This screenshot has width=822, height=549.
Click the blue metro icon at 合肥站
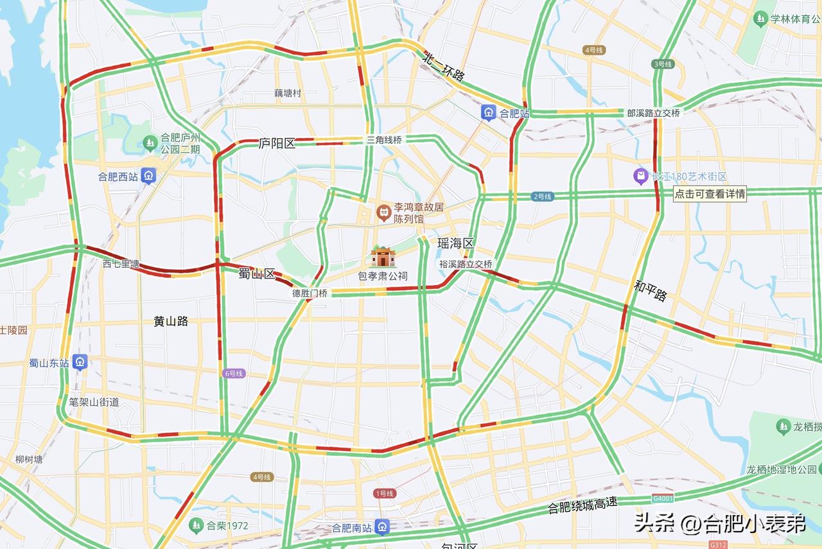point(489,113)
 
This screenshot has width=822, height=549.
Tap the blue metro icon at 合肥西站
point(149,176)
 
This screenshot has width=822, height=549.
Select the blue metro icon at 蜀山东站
point(80,363)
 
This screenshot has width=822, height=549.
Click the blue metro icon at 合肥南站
point(383,528)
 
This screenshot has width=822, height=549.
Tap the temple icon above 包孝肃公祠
point(383,257)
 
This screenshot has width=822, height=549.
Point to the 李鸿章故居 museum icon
point(384,211)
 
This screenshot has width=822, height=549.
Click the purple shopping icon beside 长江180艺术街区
point(640,176)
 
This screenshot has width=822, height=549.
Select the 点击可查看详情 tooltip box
point(710,193)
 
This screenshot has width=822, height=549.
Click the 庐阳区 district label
point(277,143)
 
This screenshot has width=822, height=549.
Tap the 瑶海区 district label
point(455,243)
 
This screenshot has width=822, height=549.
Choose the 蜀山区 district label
point(256,274)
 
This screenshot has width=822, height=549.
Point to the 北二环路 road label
point(444,66)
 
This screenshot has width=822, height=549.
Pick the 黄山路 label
point(171,321)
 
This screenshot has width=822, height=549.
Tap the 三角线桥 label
point(384,139)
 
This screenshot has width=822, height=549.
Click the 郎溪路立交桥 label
point(653,112)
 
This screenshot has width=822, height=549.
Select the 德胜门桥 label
point(310,293)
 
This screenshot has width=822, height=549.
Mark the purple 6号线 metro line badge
point(234,373)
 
